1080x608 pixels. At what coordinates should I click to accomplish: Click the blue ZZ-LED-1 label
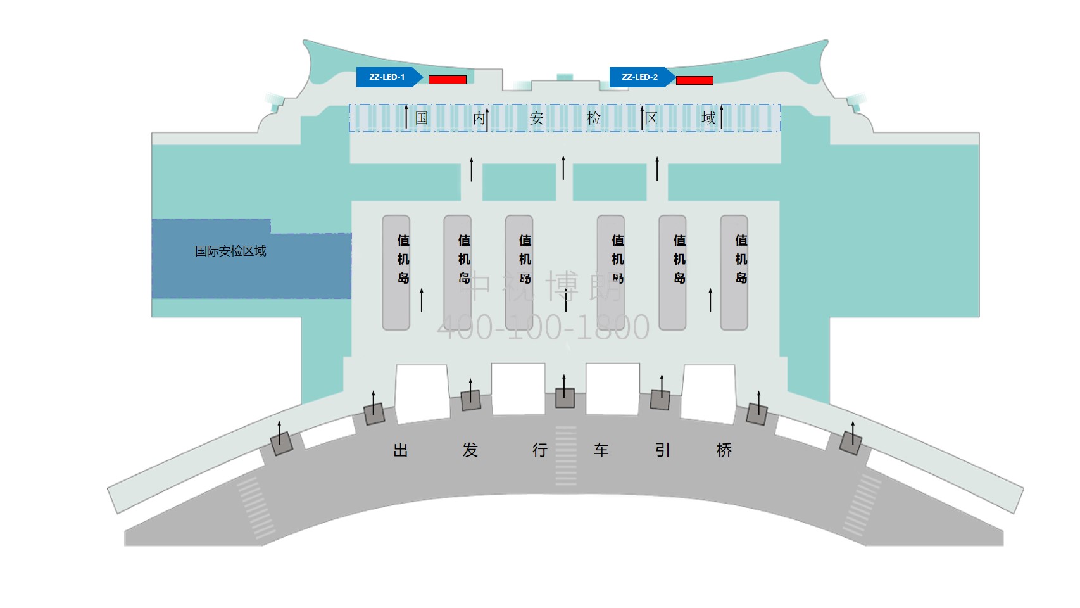[387, 77]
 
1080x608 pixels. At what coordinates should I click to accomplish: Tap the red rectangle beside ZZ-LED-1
[448, 80]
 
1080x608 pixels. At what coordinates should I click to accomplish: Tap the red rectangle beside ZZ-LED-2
[694, 80]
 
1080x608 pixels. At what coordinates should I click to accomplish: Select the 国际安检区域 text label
[230, 251]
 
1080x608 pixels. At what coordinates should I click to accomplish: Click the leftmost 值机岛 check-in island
[396, 272]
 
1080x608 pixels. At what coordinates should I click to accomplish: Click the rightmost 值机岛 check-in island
[734, 272]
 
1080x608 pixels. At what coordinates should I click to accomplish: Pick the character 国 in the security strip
[422, 118]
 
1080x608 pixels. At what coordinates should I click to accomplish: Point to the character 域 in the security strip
[708, 118]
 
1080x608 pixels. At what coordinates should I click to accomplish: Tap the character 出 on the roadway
[401, 450]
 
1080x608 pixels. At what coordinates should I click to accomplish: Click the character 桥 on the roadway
[724, 450]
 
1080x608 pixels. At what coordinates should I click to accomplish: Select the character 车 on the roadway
[601, 450]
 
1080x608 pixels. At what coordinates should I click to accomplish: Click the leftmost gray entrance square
[282, 443]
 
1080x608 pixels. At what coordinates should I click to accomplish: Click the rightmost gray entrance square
[850, 443]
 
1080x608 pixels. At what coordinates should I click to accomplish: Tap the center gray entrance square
[565, 398]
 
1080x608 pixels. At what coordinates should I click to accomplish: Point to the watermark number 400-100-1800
[543, 327]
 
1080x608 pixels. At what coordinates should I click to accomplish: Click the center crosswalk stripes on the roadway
[566, 456]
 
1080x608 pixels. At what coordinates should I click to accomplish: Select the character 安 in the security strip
[536, 118]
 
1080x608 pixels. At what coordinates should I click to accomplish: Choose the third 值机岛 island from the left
[519, 272]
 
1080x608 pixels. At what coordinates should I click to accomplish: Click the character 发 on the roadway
[470, 450]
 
